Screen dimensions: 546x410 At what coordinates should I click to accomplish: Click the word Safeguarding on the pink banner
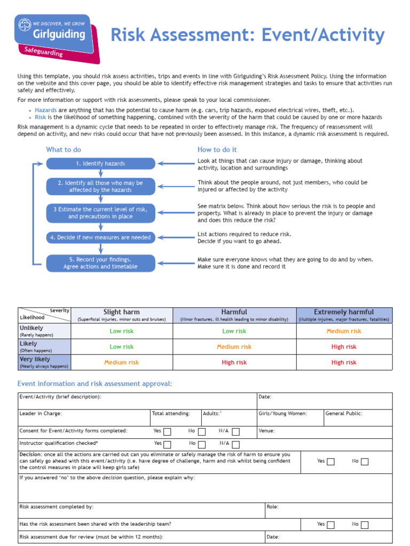coord(44,51)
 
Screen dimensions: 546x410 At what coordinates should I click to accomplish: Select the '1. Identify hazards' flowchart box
coord(100,164)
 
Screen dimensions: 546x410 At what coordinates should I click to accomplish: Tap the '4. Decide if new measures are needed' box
coord(100,237)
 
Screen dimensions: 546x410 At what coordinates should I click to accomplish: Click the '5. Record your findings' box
coord(100,263)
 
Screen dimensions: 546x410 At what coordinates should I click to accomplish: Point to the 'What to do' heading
coord(64,150)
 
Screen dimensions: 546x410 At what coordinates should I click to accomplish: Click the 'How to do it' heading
coord(217,150)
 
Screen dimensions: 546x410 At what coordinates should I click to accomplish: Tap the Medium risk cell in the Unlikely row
coord(344,331)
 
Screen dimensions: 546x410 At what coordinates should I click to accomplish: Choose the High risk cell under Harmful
coord(234,363)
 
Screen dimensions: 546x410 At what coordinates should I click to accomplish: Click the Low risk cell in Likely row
coord(122,347)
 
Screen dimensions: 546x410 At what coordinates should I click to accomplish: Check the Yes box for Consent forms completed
coord(167,431)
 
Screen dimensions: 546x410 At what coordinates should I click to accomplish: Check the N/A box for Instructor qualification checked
coord(235,444)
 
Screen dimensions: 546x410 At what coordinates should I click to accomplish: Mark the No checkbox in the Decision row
coord(365,462)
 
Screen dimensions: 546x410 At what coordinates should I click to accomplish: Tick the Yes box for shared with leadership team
coord(330,525)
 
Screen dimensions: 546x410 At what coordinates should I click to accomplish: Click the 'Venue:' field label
coord(266,430)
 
